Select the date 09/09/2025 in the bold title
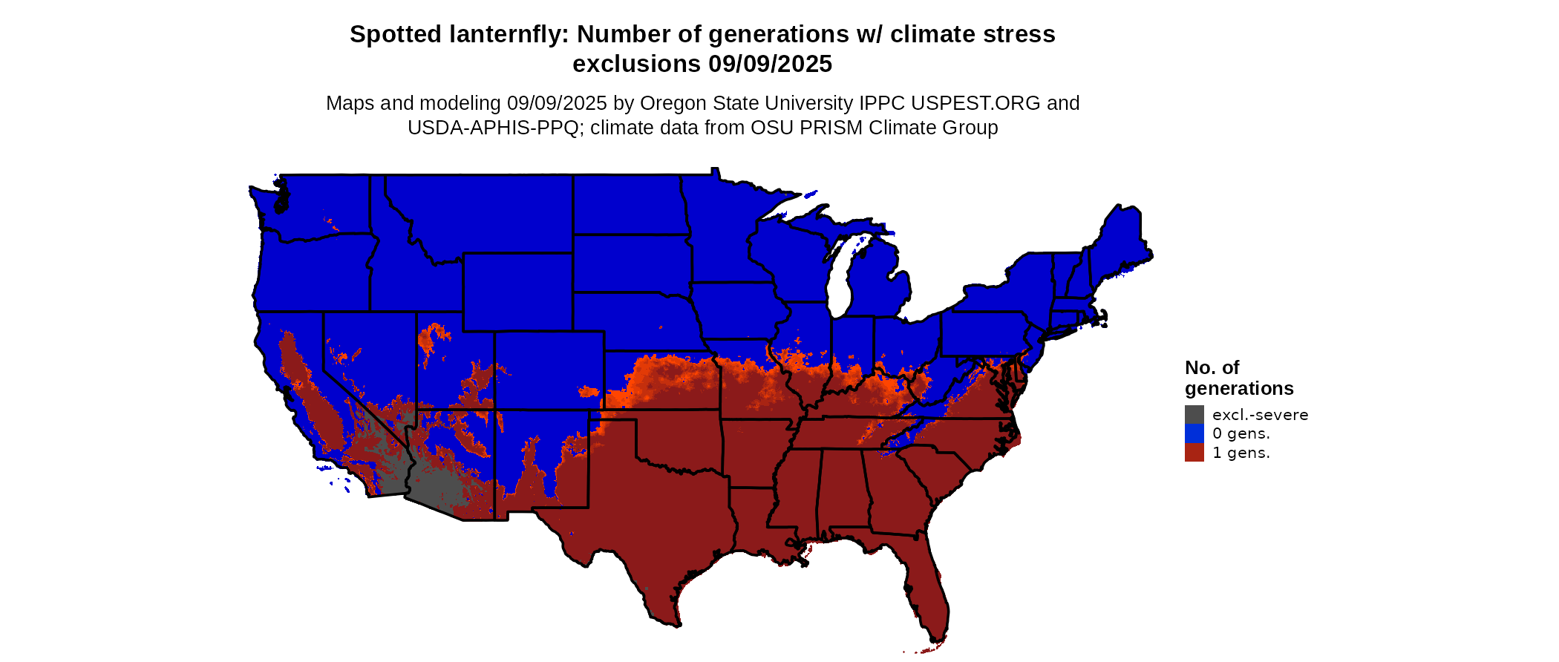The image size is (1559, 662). tap(770, 65)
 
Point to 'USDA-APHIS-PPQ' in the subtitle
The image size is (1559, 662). tap(493, 128)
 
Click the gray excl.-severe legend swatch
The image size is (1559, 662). tap(1194, 415)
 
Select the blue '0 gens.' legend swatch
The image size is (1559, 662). tap(1194, 433)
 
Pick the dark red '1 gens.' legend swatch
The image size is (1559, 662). tap(1194, 453)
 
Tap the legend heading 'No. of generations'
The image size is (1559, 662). tap(1238, 378)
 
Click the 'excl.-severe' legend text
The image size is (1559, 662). tap(1260, 415)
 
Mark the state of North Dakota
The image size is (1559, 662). tap(627, 204)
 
